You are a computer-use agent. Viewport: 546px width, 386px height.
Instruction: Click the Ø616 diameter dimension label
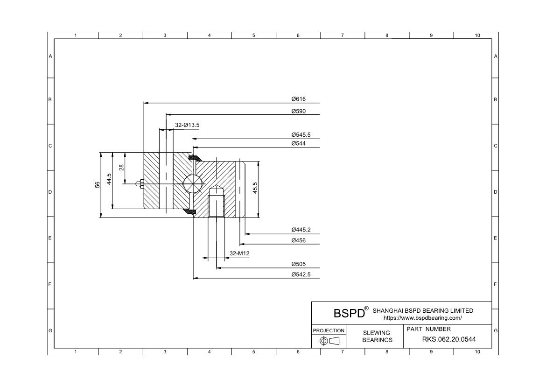pos(298,99)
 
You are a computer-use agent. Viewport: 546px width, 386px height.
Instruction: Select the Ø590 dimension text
pos(298,111)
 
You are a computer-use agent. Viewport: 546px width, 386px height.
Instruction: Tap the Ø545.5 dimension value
pos(301,135)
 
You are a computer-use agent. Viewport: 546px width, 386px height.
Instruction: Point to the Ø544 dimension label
pos(298,143)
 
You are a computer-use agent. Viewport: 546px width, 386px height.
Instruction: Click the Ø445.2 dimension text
pos(301,230)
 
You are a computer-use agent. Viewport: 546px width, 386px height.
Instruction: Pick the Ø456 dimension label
pos(298,240)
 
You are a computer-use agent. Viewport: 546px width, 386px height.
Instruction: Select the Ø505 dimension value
pos(298,264)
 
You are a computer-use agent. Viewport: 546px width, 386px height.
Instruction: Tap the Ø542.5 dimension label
pos(301,274)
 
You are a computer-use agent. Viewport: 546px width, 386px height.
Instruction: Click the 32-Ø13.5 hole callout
pos(187,125)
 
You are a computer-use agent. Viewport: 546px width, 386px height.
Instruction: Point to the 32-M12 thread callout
pos(239,253)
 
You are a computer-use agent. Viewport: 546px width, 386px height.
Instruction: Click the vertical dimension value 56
pos(98,185)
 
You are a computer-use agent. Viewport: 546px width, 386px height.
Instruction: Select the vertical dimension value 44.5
pos(109,180)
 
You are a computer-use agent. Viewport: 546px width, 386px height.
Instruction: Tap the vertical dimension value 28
pos(121,167)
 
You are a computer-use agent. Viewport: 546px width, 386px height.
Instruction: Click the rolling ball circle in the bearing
pos(193,183)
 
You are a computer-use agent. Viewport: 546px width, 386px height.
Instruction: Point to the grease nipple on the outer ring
pos(139,183)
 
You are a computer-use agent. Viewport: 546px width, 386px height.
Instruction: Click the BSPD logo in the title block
pos(349,313)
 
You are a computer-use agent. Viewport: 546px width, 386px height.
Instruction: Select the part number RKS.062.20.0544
pos(449,339)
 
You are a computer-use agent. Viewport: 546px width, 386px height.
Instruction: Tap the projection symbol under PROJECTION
pos(329,341)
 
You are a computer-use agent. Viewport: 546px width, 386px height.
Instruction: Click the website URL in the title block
pos(422,318)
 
